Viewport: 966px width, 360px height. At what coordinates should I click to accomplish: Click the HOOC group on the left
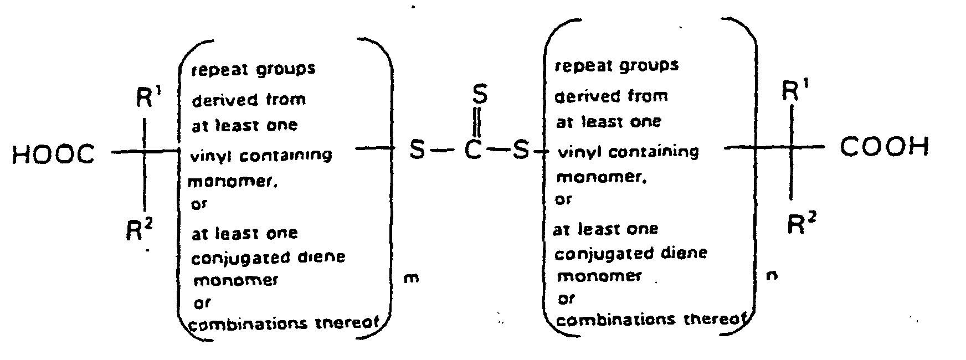(x=53, y=155)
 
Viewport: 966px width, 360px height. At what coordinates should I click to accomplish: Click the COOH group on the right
(x=884, y=148)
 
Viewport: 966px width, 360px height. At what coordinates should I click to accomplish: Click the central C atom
(x=472, y=150)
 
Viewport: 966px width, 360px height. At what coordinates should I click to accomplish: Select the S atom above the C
(x=480, y=95)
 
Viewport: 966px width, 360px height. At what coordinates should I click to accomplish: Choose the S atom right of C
(x=520, y=150)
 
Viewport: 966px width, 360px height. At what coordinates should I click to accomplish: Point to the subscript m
(x=411, y=278)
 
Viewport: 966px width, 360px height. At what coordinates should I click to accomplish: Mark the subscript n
(x=771, y=275)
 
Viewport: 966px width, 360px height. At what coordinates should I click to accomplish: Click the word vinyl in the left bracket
(x=206, y=156)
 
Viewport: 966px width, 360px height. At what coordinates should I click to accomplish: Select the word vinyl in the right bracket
(x=572, y=152)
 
